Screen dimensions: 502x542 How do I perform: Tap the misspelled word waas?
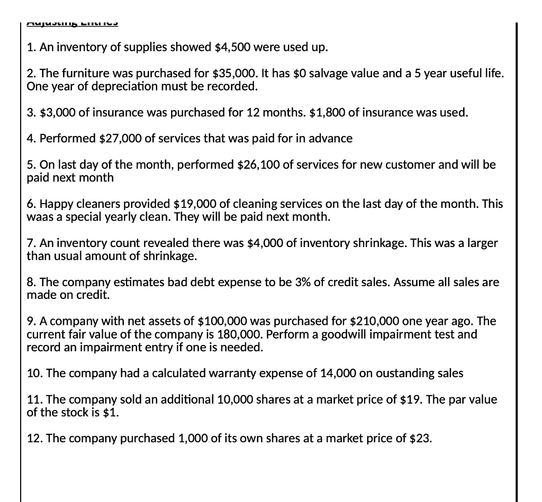(39, 216)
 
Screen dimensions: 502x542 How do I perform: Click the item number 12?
(34, 439)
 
